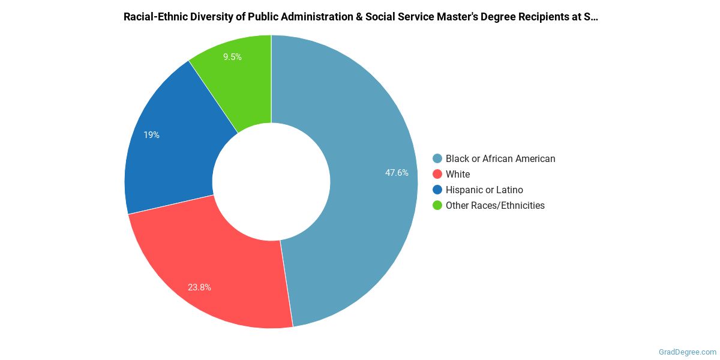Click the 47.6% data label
[397, 173]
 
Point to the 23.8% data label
[199, 287]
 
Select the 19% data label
[151, 135]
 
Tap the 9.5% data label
[232, 57]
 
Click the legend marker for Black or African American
[437, 159]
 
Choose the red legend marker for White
[437, 175]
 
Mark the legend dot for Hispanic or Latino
[437, 190]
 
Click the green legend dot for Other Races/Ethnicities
[437, 206]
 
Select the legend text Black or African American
[500, 159]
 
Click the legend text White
[458, 175]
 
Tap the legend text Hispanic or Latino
[484, 190]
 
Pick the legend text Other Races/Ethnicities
[495, 206]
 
